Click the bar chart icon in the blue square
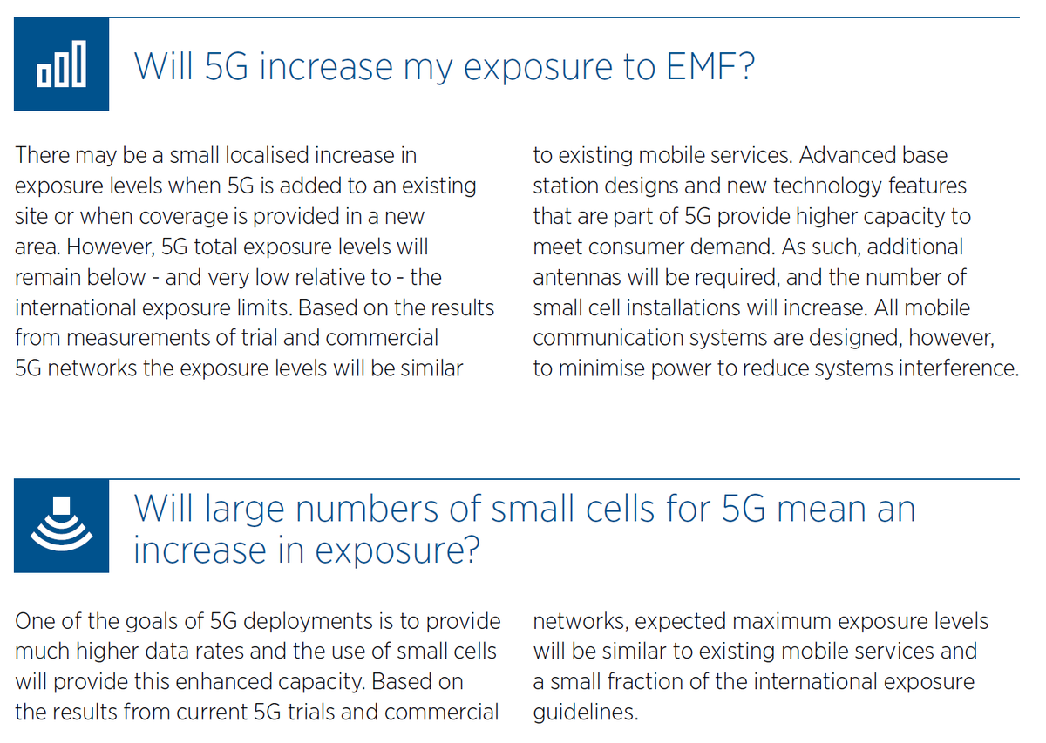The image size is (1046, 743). (61, 64)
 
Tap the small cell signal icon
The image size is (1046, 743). (61, 525)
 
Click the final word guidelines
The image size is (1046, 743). (584, 713)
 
